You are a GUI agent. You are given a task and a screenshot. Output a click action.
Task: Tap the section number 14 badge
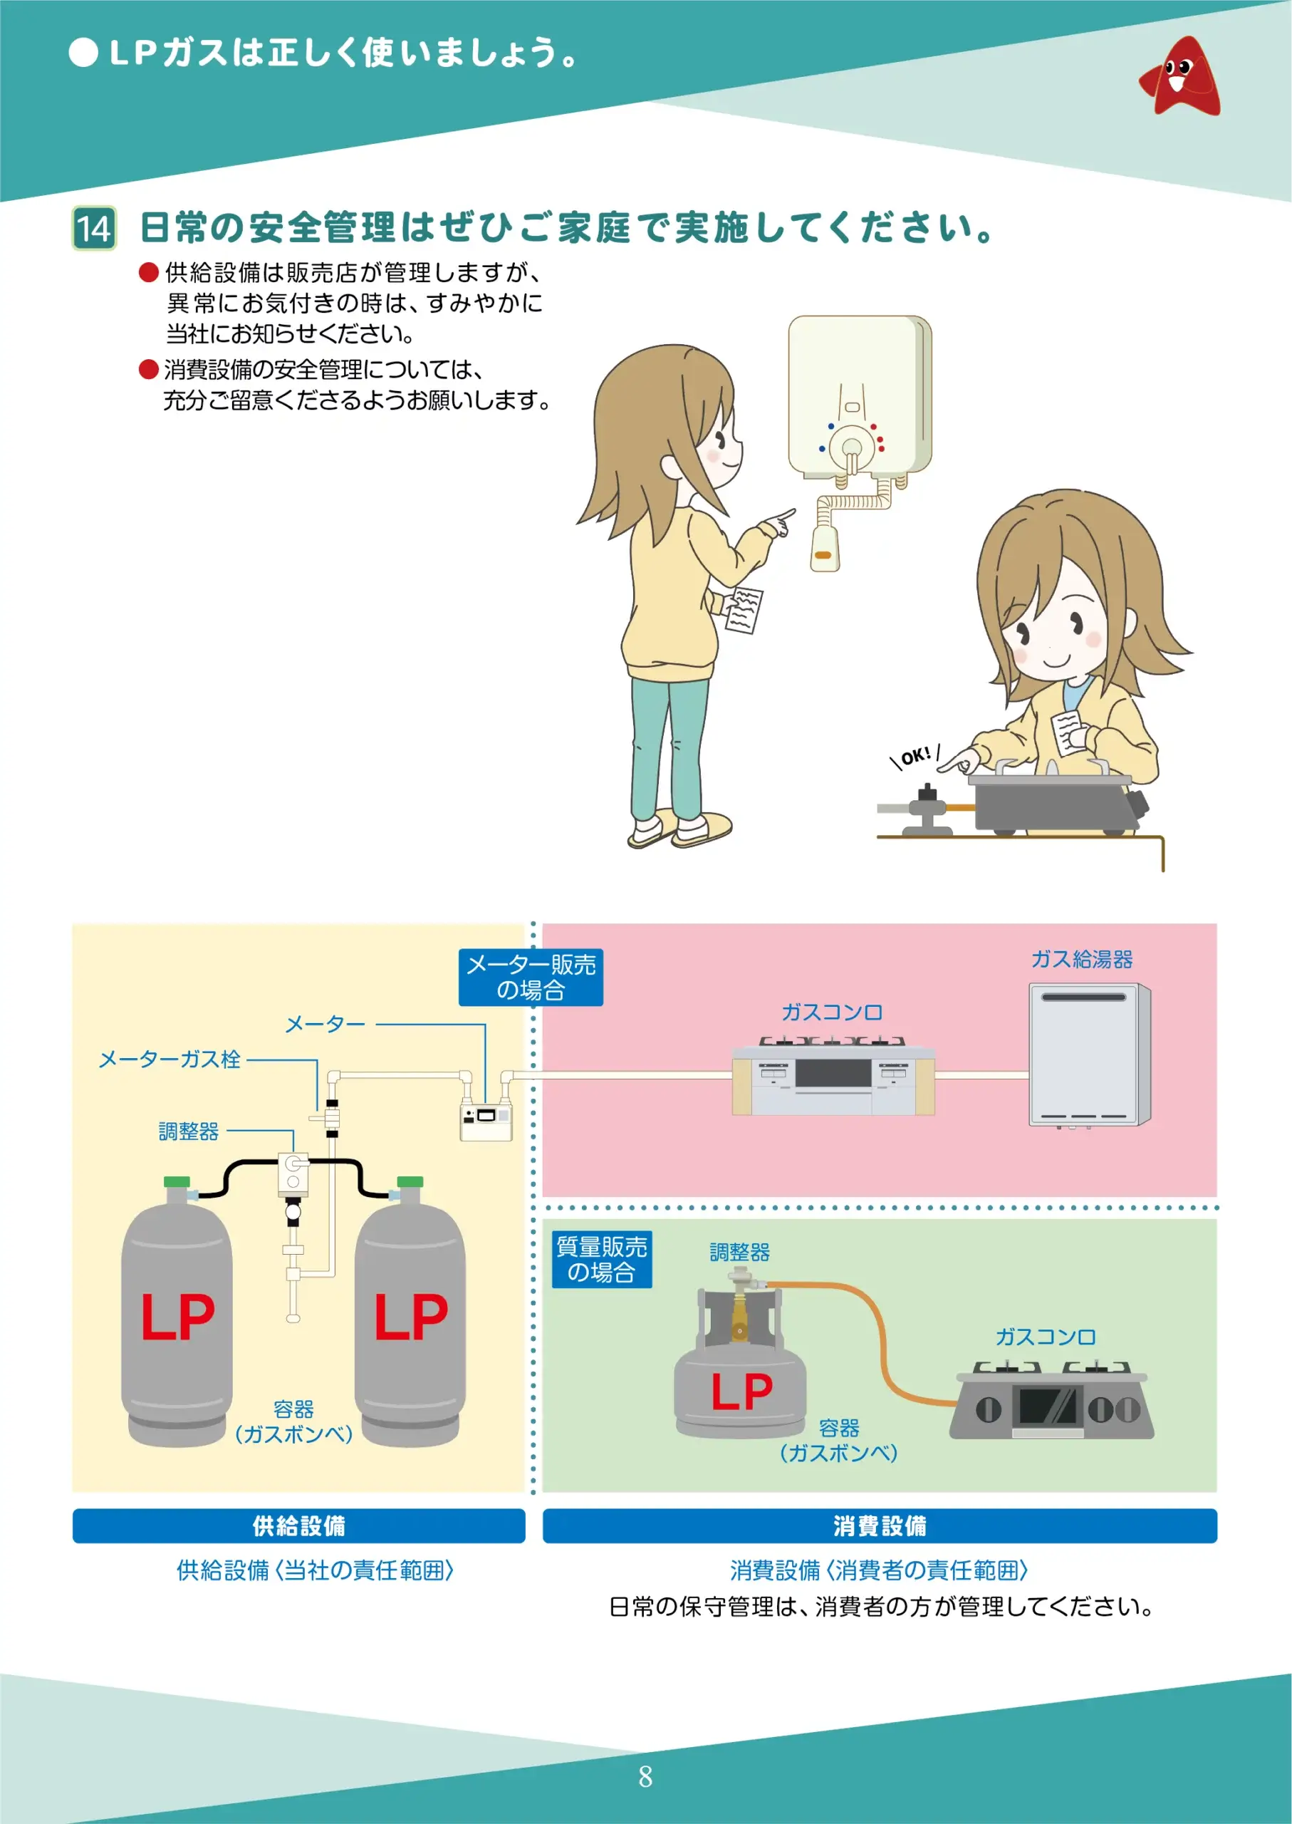[94, 229]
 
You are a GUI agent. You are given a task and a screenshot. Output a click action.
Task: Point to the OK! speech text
[916, 755]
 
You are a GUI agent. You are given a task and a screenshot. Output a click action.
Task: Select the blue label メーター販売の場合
[531, 978]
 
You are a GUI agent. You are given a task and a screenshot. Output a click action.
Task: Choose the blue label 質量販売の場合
[601, 1259]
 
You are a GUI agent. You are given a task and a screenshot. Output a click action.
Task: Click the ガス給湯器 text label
[1081, 959]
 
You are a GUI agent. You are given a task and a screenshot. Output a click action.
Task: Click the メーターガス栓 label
[170, 1059]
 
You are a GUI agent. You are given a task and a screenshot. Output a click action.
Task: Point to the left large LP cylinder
[177, 1321]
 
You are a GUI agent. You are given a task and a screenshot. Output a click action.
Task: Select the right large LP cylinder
[410, 1321]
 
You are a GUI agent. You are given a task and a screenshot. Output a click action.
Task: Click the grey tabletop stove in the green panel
[1051, 1407]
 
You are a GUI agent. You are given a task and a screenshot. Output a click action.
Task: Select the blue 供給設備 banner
[298, 1525]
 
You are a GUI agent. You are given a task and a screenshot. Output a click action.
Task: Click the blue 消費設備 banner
[879, 1525]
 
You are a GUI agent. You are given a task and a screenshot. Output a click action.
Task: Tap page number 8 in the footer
[645, 1776]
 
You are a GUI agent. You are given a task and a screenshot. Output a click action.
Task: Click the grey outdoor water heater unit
[1089, 1054]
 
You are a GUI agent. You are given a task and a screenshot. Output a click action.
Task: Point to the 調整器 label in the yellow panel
[189, 1131]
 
